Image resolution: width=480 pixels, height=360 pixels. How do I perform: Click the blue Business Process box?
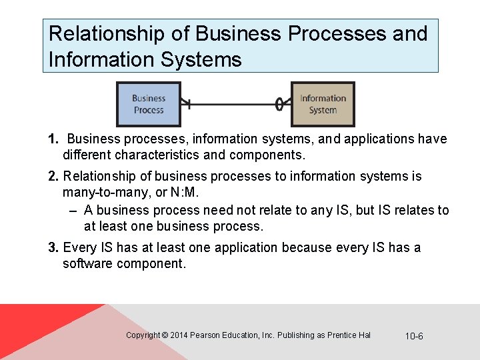coord(149,104)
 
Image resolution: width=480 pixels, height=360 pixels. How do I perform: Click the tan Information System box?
coord(323,104)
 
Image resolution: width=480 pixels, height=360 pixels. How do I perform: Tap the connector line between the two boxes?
coord(233,104)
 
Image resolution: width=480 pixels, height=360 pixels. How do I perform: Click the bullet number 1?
coord(53,139)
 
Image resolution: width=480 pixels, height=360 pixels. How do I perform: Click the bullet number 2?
coord(53,177)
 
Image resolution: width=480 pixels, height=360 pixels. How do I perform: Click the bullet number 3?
coord(53,248)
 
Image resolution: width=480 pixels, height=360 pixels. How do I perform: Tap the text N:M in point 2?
coord(186,193)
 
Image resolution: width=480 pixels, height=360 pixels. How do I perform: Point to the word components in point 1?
coord(266,156)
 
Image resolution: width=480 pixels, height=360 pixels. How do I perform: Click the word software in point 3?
coord(87,264)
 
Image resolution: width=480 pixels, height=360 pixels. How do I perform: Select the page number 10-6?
coord(414,336)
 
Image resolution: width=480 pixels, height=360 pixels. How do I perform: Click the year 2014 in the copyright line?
coord(179,335)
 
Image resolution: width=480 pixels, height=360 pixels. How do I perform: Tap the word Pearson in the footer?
coord(207,335)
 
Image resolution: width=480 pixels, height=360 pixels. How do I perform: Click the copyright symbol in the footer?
coord(165,335)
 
